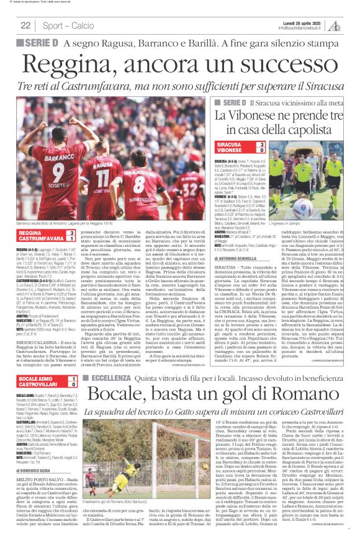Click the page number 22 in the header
[26, 25]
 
